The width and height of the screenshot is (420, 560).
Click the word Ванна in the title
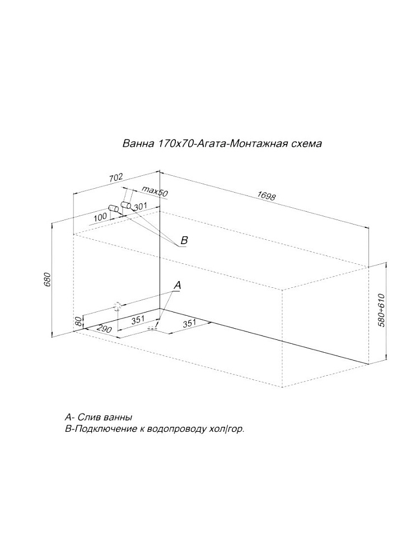(x=134, y=143)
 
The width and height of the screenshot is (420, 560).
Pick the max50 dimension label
(x=155, y=191)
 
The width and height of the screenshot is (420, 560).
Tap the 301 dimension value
(x=141, y=206)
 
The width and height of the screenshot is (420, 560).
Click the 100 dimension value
(x=101, y=217)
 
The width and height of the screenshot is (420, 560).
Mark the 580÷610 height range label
(x=381, y=310)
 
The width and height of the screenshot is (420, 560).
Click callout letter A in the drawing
(x=178, y=286)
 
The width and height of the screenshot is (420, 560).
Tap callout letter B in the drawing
(x=184, y=240)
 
